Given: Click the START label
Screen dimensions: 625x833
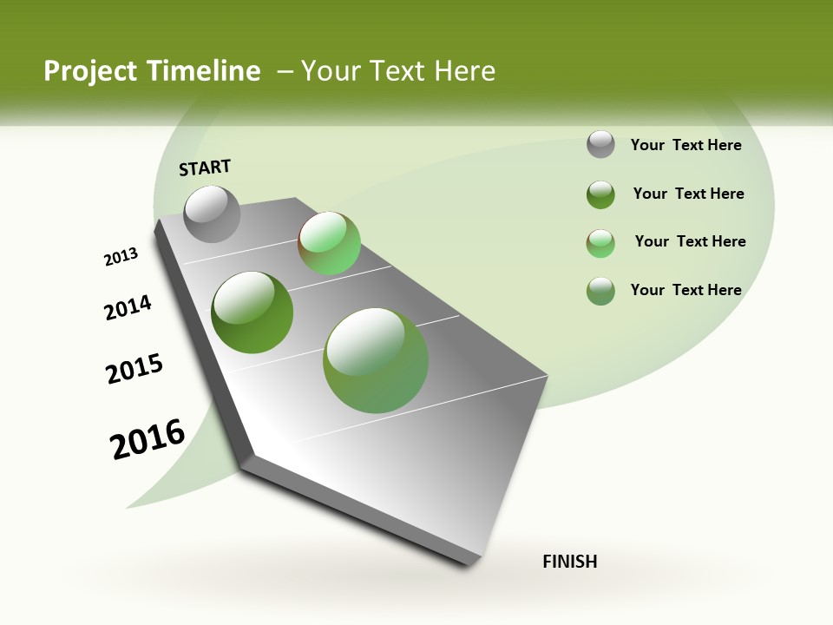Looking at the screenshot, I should coord(205,168).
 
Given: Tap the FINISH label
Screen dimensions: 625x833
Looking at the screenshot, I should coord(569,562).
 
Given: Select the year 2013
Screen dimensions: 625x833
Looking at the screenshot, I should coord(121,257).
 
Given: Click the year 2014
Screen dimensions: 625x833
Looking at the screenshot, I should coord(128,307).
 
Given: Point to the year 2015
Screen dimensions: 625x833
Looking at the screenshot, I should coord(134,369).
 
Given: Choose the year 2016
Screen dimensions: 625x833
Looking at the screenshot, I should coord(148,439).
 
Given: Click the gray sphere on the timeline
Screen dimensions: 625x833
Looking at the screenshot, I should coord(213,214).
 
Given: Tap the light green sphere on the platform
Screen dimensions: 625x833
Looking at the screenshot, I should coord(329,242).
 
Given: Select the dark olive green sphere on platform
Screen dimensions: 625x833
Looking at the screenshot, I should coord(253,312).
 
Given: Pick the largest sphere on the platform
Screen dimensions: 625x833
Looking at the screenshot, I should coord(376,360).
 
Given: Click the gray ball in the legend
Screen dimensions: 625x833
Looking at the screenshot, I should coord(600,144).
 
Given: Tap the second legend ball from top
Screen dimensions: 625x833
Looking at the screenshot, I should coord(600,194).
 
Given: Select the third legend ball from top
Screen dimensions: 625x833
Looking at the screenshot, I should coord(600,243).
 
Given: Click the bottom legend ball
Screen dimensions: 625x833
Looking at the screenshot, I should coord(600,291).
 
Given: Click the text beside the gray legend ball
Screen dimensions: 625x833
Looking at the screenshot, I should coord(685,145).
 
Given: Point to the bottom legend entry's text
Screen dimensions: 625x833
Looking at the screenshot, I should coord(685,290).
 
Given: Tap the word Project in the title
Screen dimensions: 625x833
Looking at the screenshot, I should coord(93,71).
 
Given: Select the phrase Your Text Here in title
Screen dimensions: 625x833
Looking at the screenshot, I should coord(398,71).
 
